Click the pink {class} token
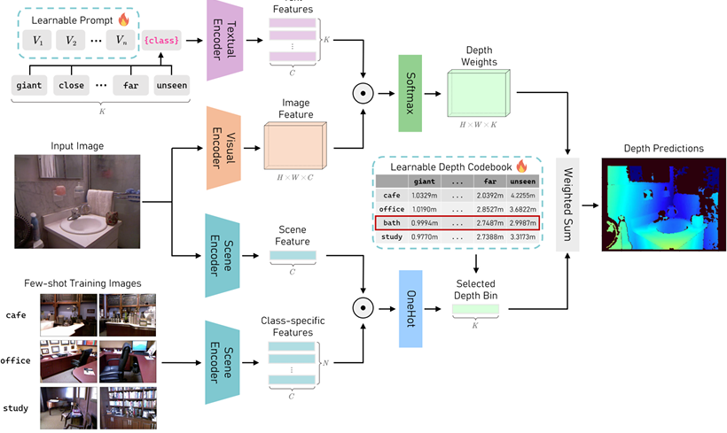(x=163, y=40)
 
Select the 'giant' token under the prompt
(x=29, y=86)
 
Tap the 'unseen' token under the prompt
(x=170, y=86)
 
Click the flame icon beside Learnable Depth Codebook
(x=520, y=166)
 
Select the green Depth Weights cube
(x=477, y=93)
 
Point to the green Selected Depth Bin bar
(x=477, y=311)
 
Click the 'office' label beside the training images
(x=17, y=360)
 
